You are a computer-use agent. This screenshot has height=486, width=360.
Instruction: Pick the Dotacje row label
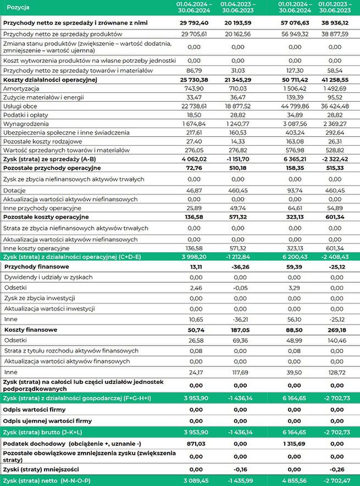pos(15,189)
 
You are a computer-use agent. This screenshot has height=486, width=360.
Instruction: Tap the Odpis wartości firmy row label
pos(34,410)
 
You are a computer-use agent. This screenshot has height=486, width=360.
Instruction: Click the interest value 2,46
pos(195,287)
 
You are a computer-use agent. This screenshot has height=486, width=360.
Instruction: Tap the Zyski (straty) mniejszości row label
pos(41,469)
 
